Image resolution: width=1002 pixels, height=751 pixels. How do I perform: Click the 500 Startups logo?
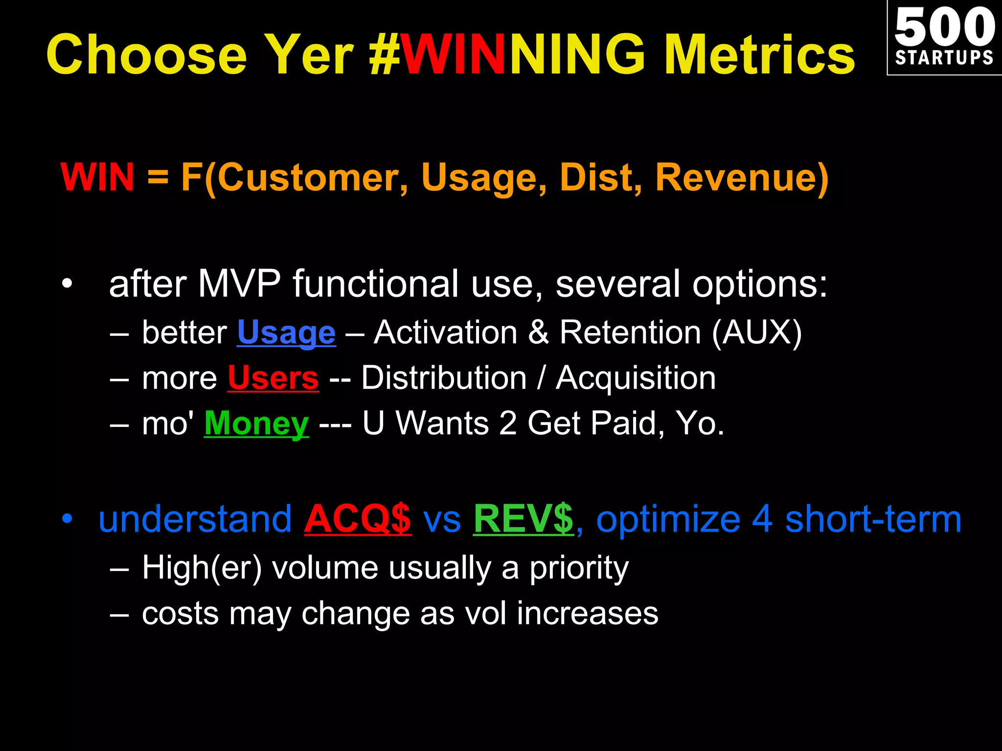(944, 38)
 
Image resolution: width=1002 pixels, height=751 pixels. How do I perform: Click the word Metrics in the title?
(759, 55)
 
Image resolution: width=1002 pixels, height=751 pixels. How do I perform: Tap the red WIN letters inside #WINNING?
(453, 55)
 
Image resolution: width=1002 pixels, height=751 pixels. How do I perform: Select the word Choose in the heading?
(147, 55)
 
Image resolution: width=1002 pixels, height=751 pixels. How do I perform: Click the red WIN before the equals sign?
(97, 177)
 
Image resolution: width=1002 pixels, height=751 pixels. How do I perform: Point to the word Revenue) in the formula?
(742, 177)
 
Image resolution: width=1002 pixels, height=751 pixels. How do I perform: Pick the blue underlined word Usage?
(286, 332)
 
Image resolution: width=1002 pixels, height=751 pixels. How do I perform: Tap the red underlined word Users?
(273, 378)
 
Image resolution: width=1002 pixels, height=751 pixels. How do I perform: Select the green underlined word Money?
(256, 423)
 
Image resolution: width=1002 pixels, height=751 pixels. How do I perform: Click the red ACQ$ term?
(358, 519)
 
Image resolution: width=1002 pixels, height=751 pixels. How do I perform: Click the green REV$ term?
(523, 519)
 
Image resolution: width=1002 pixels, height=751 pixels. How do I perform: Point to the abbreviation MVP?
(239, 284)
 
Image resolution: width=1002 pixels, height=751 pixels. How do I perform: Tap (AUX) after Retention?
(756, 332)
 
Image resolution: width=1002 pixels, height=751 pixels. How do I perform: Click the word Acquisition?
(636, 378)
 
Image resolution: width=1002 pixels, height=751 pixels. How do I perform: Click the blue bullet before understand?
(67, 519)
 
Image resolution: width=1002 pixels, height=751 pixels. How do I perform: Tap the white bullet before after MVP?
(67, 284)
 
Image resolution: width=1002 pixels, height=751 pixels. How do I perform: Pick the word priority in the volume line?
(579, 568)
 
